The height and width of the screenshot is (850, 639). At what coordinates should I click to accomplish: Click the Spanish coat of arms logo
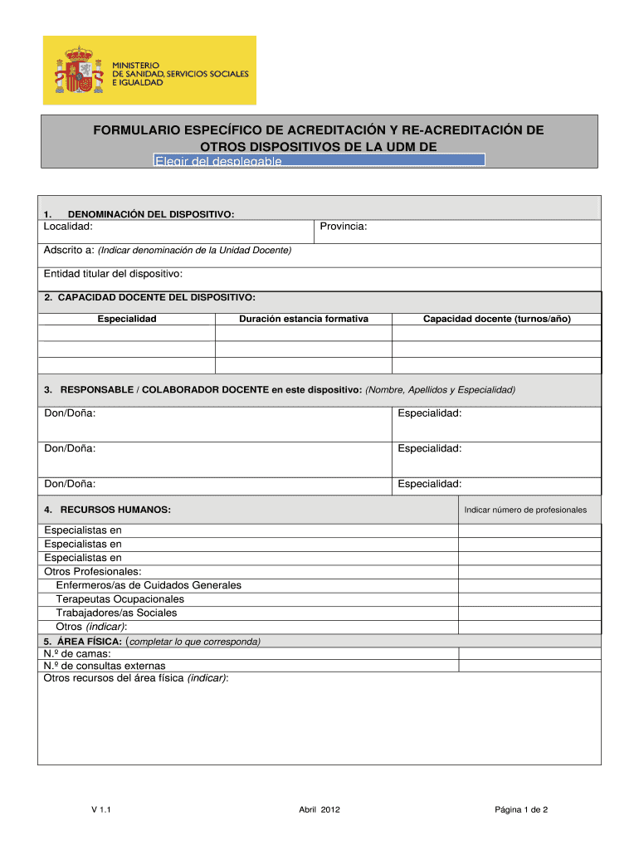(x=77, y=70)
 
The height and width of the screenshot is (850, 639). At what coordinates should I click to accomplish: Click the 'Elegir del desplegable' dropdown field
(x=319, y=160)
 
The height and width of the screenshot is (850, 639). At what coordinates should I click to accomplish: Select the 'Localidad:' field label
(x=68, y=227)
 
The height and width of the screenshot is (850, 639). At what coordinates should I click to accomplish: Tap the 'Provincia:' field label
(x=343, y=227)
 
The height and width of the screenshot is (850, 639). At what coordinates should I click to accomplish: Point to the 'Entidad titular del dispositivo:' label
(x=113, y=273)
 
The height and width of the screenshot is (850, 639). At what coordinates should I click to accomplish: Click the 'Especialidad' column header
(x=127, y=319)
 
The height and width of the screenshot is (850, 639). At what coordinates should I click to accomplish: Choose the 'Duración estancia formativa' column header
(x=304, y=319)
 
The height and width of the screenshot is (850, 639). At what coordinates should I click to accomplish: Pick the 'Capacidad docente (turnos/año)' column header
(x=496, y=319)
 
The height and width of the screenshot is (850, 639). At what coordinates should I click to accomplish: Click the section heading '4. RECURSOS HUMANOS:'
(x=108, y=509)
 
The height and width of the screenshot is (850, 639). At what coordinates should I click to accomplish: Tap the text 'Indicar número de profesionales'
(x=525, y=510)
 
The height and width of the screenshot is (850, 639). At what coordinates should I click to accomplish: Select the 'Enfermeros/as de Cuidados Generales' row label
(x=149, y=585)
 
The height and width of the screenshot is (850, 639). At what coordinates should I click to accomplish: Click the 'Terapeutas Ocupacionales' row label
(x=120, y=599)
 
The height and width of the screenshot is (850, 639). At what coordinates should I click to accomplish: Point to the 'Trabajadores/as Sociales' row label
(x=116, y=613)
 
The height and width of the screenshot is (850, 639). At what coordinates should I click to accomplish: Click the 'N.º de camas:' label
(x=77, y=653)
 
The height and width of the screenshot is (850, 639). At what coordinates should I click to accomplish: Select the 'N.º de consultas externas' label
(x=105, y=666)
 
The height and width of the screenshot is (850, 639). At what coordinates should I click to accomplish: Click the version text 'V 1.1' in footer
(x=101, y=809)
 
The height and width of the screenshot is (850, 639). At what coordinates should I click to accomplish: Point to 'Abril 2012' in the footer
(x=319, y=809)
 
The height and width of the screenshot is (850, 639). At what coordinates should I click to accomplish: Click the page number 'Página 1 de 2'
(x=521, y=809)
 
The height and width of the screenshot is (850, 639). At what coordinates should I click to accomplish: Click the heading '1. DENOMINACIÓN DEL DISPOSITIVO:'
(x=139, y=214)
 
